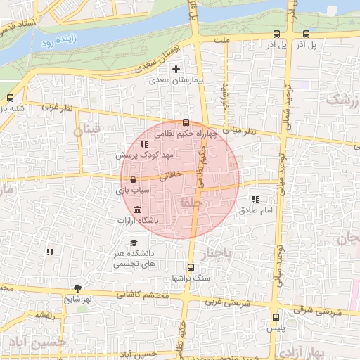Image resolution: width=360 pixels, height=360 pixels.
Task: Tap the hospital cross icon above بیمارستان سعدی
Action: coord(176,69)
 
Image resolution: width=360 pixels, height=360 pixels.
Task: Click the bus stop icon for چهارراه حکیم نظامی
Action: coord(186,122)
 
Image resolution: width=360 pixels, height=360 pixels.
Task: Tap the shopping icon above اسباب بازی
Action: coord(133,180)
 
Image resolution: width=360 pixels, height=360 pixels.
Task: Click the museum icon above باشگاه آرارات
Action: coord(136,211)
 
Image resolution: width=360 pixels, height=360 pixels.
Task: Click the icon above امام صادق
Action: coord(255,199)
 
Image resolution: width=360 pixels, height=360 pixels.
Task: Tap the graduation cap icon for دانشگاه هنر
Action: coord(134,243)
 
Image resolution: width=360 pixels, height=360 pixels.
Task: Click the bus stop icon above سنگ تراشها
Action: coord(191,267)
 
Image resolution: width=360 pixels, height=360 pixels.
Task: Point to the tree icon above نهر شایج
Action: coord(77,288)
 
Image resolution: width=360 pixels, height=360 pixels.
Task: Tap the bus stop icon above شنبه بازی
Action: coord(10,98)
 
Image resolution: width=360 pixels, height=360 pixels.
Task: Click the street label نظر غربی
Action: coord(58,108)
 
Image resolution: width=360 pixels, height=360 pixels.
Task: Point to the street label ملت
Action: coord(224,41)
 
